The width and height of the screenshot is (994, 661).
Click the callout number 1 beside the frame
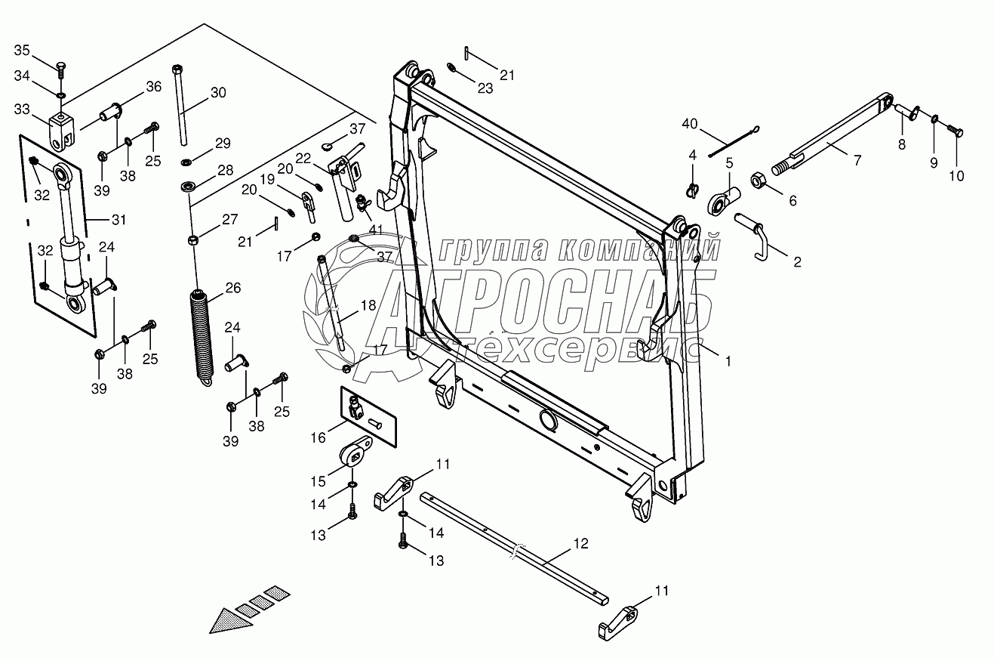[728, 362]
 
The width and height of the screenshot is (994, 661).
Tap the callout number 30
[218, 93]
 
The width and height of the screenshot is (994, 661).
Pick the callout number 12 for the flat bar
[580, 543]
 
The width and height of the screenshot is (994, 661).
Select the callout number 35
[22, 51]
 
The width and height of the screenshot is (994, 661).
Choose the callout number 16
[319, 437]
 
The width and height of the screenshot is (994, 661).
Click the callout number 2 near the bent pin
[796, 262]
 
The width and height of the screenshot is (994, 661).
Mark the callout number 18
[368, 305]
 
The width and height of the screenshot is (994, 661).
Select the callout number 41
[375, 228]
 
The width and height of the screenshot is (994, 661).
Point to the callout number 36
[153, 87]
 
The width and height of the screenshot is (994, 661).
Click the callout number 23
[485, 88]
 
